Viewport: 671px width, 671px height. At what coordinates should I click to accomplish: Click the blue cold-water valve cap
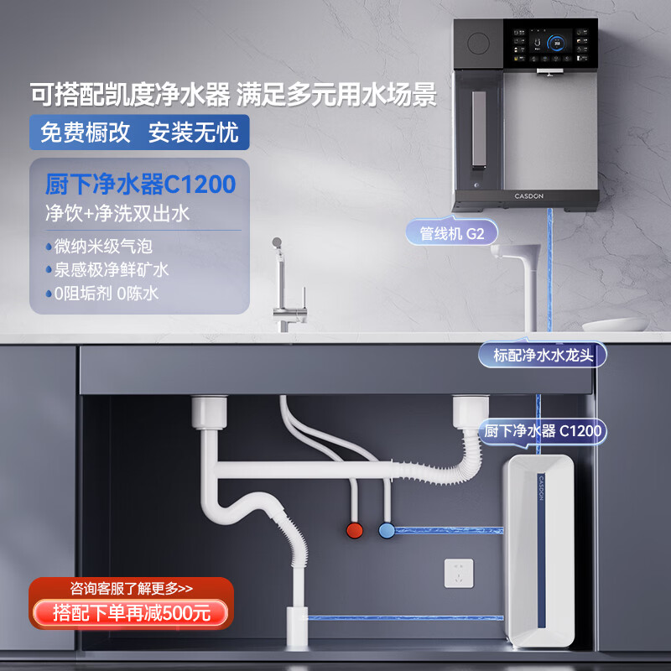[387, 530]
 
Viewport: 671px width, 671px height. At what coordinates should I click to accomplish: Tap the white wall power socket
[459, 574]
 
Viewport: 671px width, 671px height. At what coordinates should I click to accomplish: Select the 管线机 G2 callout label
[447, 233]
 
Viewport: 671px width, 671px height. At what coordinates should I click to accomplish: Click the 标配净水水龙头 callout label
[543, 355]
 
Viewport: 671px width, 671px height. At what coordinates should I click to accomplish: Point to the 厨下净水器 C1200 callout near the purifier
[543, 430]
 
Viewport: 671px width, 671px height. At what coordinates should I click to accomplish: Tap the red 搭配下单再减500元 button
[130, 612]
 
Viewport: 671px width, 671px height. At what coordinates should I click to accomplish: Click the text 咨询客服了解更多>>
[130, 588]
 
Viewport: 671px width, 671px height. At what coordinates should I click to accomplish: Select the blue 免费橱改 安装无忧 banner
[139, 133]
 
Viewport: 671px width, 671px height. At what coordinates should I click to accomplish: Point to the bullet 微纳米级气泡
[105, 247]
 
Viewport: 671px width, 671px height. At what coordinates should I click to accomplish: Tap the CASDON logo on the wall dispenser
[528, 195]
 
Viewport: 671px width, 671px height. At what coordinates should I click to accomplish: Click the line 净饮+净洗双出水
[117, 213]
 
